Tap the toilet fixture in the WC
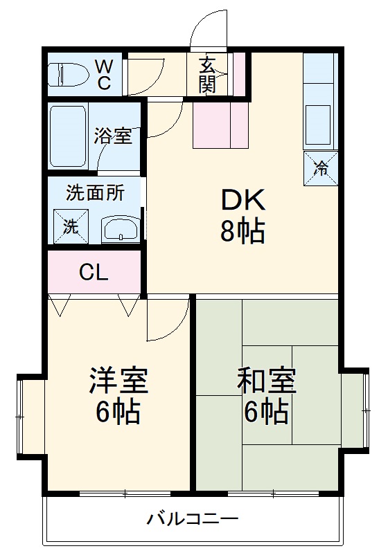[x=70, y=75]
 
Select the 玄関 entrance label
[x=207, y=75]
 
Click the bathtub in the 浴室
[x=68, y=136]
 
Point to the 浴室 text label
[x=113, y=136]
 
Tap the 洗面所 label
[x=95, y=192]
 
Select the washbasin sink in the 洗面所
[x=121, y=228]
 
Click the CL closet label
[x=94, y=273]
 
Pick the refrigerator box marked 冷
[x=321, y=167]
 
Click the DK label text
[x=242, y=201]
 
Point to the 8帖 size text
[x=242, y=233]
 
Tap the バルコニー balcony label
[x=193, y=518]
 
